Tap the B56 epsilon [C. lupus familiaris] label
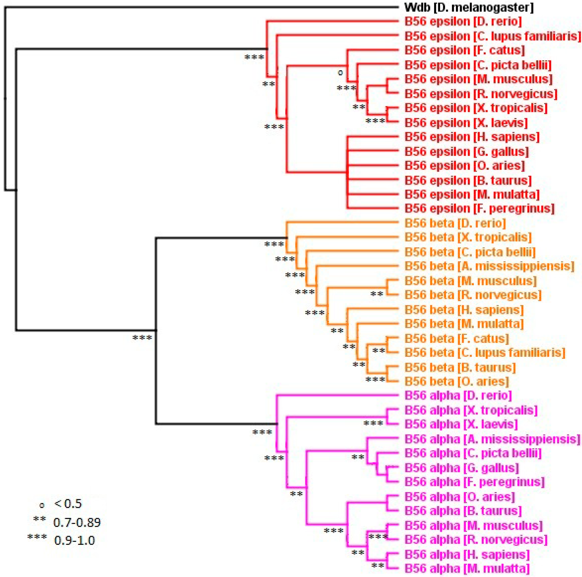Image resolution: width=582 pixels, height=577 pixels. click(492, 36)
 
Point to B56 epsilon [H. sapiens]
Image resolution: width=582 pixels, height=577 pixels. click(472, 137)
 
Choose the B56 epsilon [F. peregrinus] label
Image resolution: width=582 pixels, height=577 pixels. click(479, 208)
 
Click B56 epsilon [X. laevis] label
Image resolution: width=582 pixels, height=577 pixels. click(466, 123)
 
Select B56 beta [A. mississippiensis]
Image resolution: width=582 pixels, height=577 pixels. click(489, 266)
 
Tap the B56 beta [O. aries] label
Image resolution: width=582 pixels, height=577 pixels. click(456, 382)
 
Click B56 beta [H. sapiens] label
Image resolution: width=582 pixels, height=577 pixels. click(464, 310)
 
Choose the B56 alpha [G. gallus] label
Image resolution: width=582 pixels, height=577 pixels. click(461, 468)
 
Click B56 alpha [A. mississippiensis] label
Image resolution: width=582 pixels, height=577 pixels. click(492, 439)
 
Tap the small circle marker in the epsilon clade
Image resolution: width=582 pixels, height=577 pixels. click(340, 73)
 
